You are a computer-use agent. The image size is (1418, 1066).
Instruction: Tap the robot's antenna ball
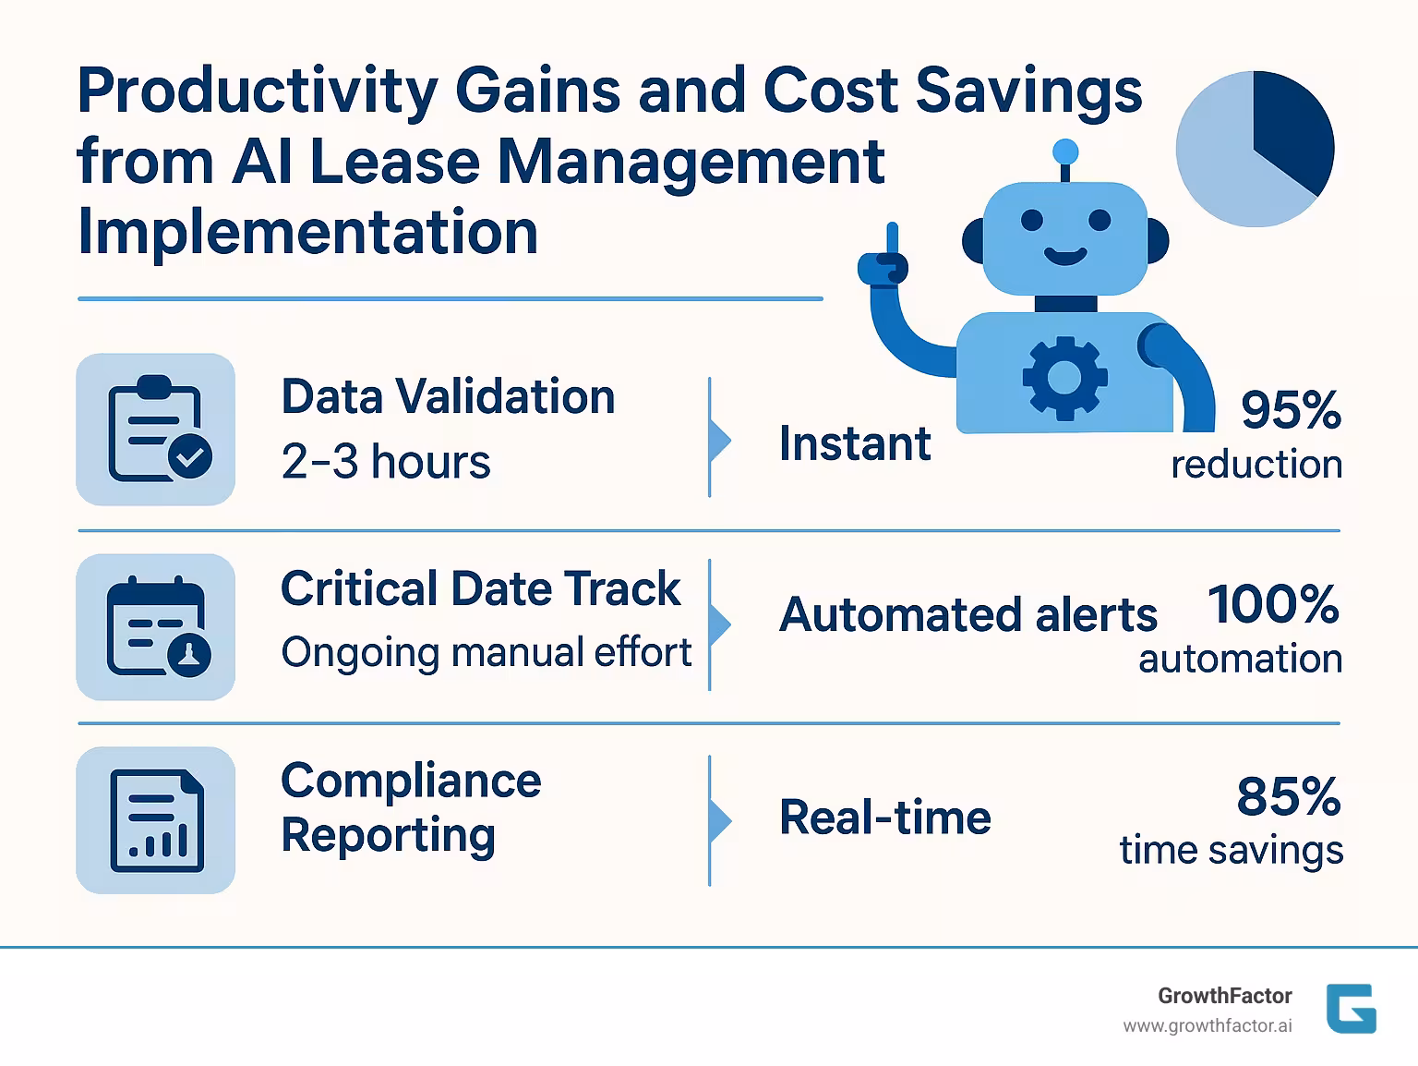tap(1065, 151)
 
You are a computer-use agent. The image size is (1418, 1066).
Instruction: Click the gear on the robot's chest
tap(1064, 376)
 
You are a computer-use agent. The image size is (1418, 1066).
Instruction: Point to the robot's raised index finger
tap(892, 238)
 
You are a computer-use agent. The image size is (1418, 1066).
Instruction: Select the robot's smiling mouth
tap(1065, 255)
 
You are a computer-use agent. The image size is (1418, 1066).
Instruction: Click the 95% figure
tap(1290, 409)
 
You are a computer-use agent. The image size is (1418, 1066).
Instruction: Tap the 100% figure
tap(1273, 604)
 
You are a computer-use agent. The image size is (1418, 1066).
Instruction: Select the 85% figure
tap(1288, 796)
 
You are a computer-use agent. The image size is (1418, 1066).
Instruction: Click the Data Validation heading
tap(448, 397)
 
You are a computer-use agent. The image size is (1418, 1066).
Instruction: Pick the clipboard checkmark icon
tap(156, 430)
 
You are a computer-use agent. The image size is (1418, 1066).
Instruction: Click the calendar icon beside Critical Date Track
tap(156, 627)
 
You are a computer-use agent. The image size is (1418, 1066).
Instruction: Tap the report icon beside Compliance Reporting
tap(156, 820)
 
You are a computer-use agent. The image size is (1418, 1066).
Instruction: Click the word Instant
tap(855, 444)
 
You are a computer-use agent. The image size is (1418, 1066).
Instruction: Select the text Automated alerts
tap(967, 615)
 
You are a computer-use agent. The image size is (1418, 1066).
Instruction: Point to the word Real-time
tap(884, 818)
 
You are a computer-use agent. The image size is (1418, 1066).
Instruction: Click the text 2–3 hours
tap(386, 462)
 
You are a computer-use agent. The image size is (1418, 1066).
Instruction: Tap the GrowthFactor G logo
tap(1351, 1009)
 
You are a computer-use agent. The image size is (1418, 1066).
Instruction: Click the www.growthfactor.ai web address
tap(1207, 1026)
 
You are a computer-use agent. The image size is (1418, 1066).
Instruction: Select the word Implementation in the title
tap(307, 232)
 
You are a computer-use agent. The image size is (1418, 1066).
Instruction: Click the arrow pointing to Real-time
tap(720, 820)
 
